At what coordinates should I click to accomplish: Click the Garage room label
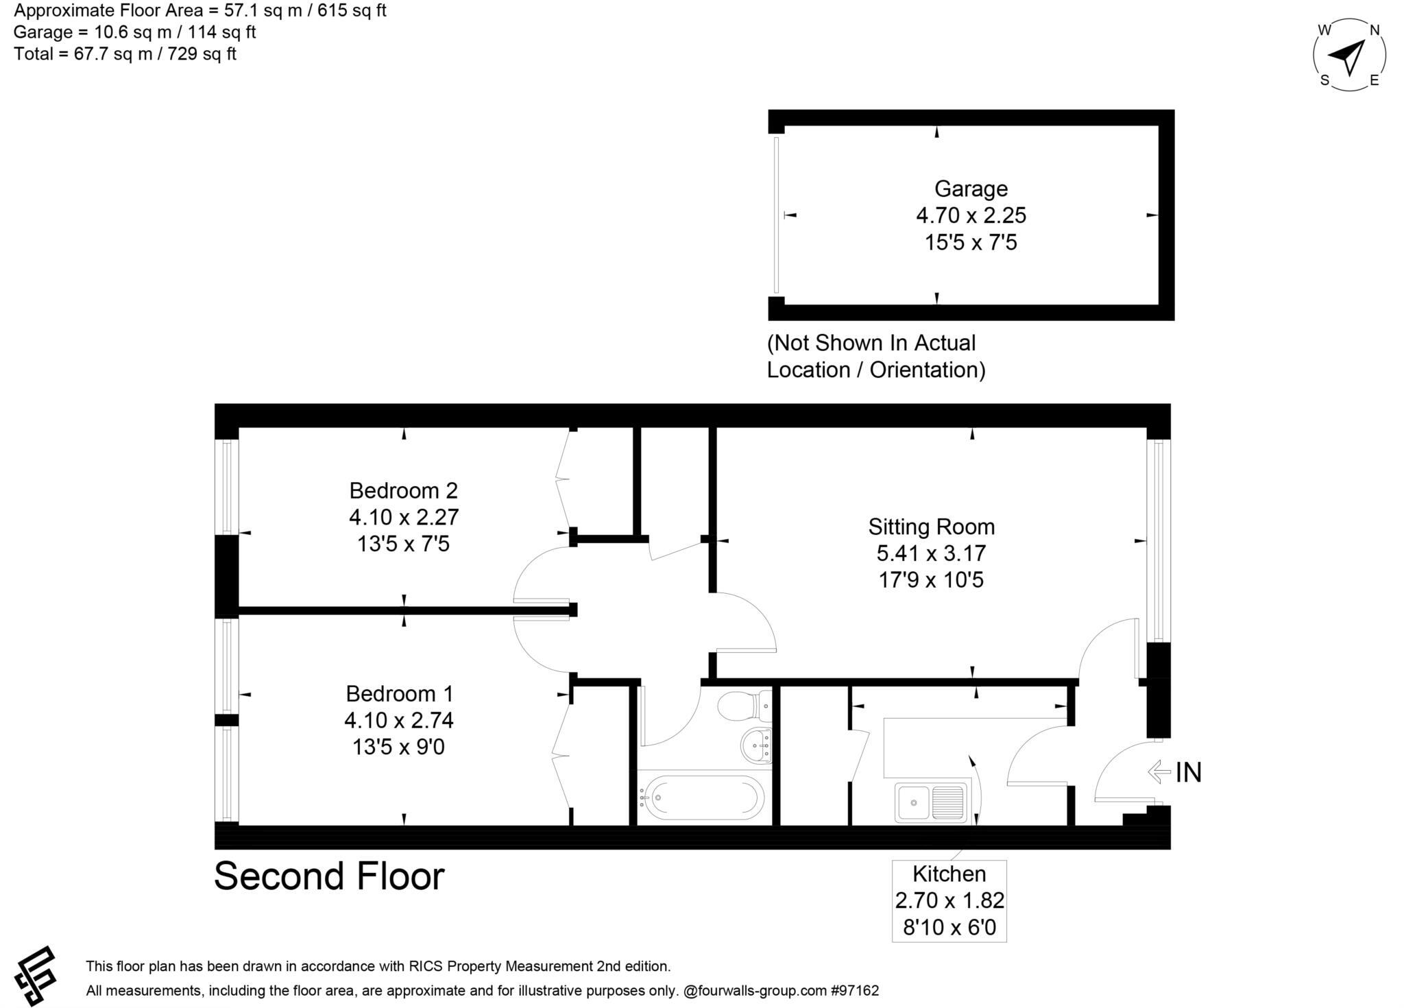[x=971, y=189]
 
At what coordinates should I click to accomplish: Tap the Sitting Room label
[x=931, y=527]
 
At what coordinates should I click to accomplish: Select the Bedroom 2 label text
[x=403, y=491]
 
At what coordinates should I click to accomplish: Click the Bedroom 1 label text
[x=399, y=694]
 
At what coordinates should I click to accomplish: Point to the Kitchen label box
[x=949, y=900]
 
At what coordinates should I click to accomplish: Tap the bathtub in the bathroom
[x=702, y=798]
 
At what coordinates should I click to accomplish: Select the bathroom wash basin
[x=757, y=745]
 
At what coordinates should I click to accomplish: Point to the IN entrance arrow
[x=1159, y=772]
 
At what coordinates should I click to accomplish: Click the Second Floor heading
[x=329, y=876]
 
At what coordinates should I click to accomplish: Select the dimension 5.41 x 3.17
[x=931, y=553]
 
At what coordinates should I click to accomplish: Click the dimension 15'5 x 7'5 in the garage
[x=971, y=243]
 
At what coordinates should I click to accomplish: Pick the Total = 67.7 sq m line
[x=125, y=54]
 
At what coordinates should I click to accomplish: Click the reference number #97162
[x=855, y=991]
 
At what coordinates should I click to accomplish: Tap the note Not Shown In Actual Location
[x=875, y=357]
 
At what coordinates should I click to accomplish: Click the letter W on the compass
[x=1324, y=30]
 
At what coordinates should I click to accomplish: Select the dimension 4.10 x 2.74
[x=399, y=721]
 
